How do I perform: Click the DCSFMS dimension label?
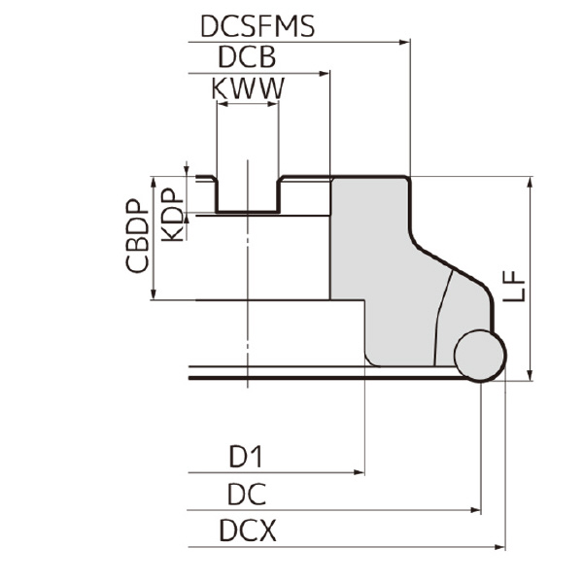(x=257, y=26)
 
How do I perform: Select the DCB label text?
(x=248, y=57)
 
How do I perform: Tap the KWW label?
(x=248, y=88)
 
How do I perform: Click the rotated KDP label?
(x=172, y=215)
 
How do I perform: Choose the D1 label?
(x=247, y=456)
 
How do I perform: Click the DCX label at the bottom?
(x=248, y=532)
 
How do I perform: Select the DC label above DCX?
(x=247, y=495)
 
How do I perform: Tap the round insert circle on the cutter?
(x=480, y=355)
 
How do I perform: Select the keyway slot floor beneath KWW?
(x=248, y=211)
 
